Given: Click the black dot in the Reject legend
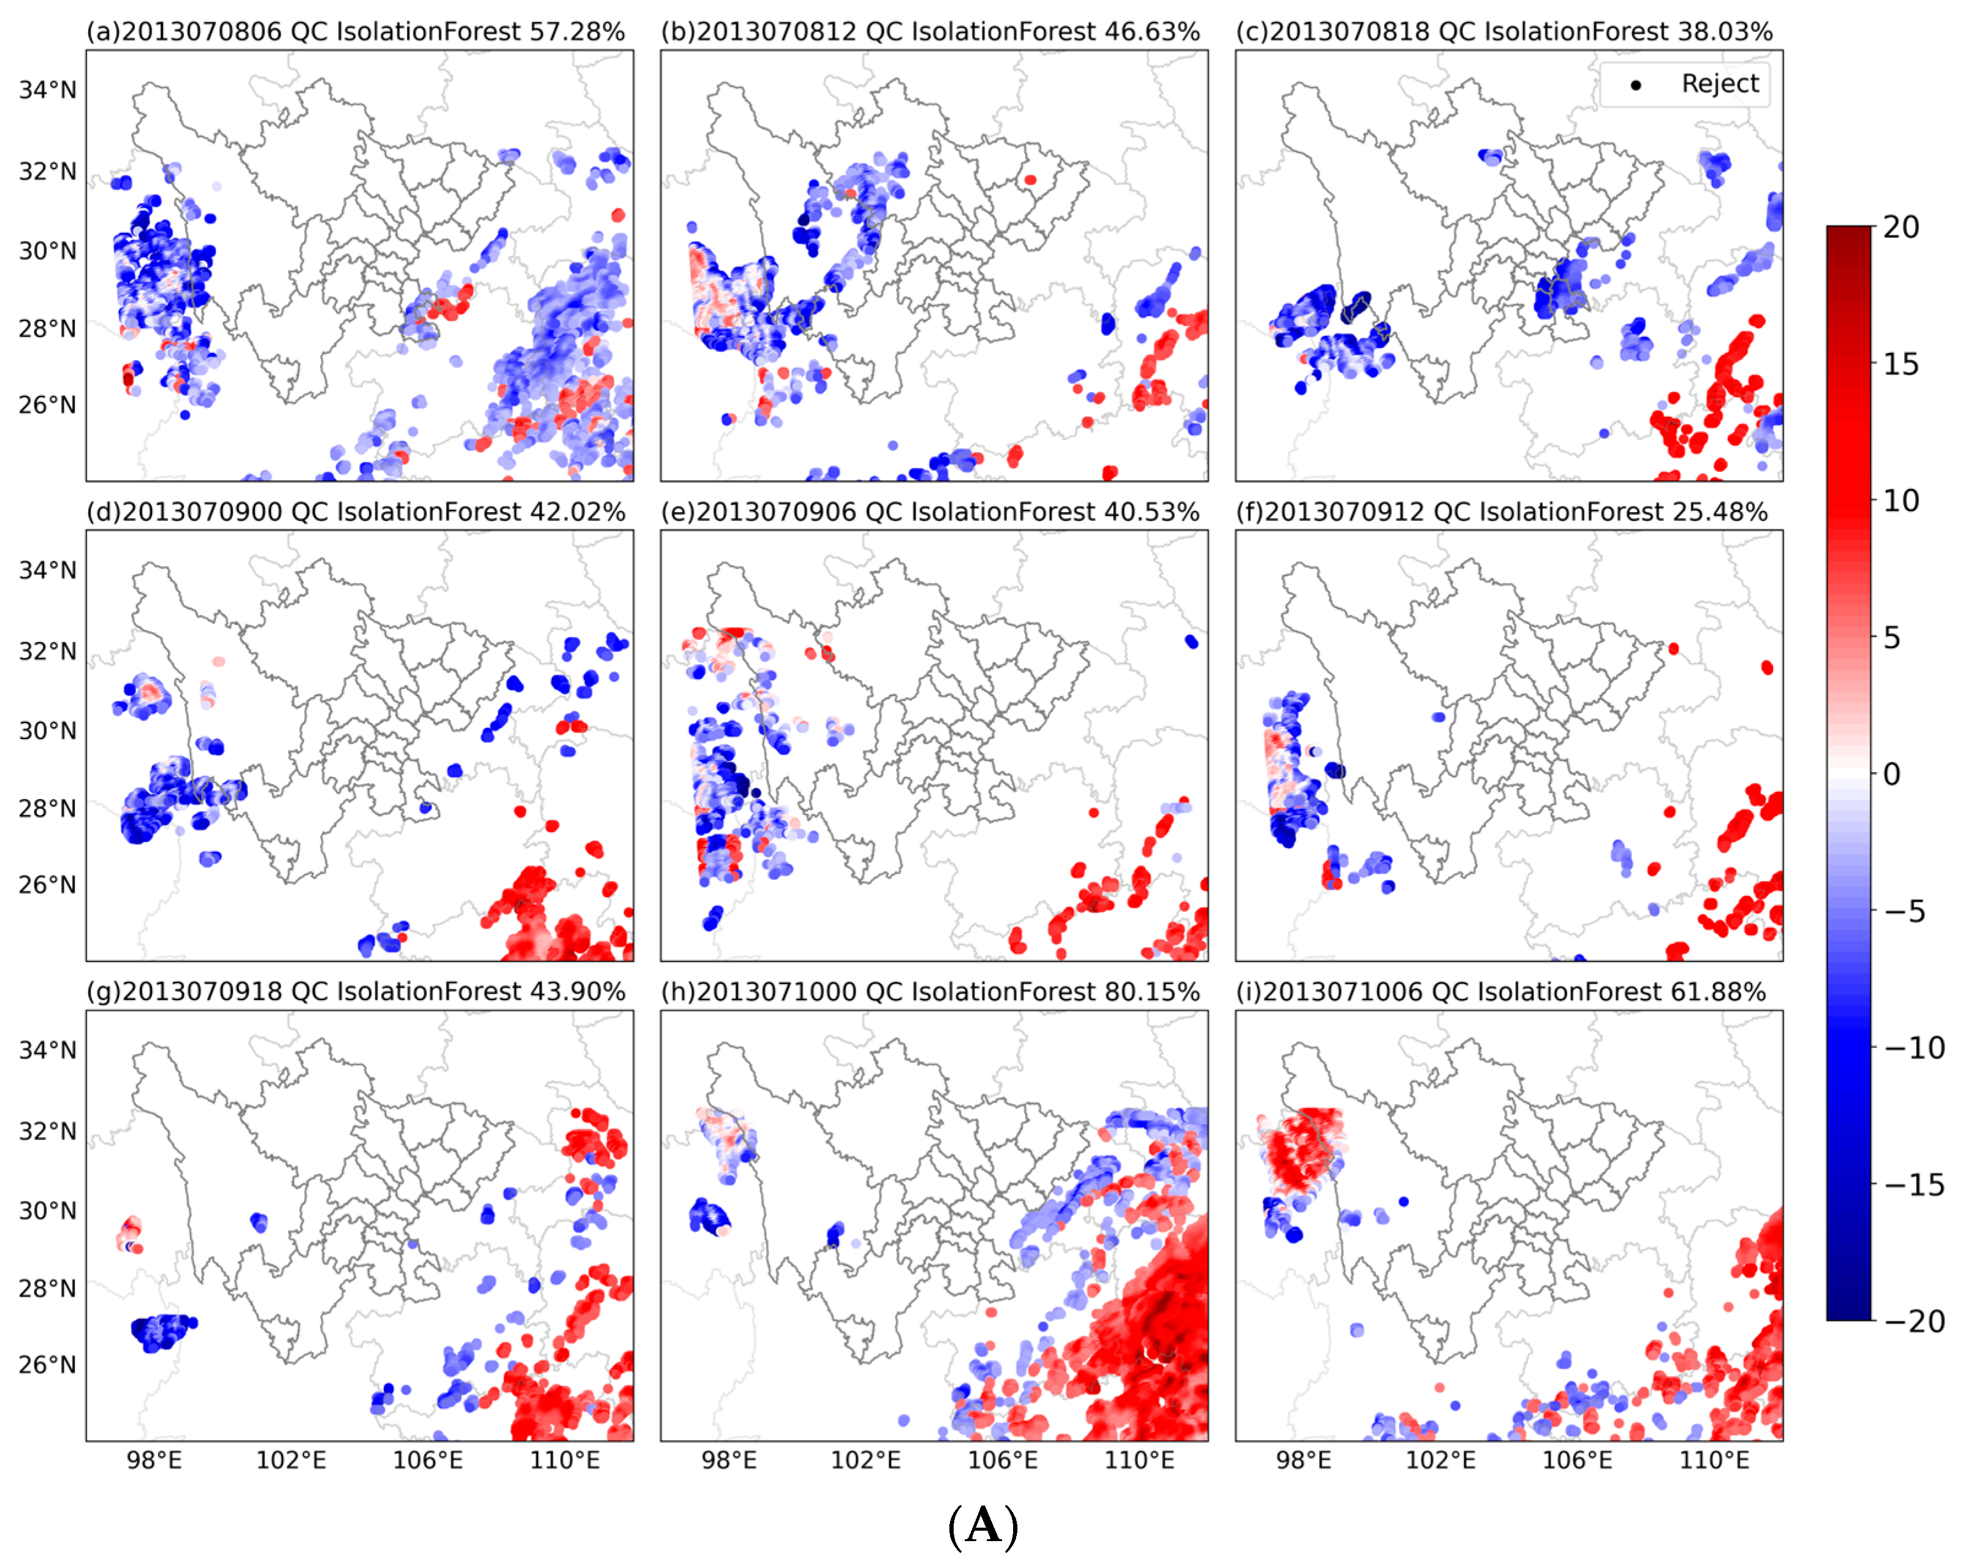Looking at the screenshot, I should point(1636,85).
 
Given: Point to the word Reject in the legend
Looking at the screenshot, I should point(1720,84).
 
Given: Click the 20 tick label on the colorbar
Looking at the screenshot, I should point(1901,227).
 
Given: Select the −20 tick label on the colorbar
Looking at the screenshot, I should point(1914,1321).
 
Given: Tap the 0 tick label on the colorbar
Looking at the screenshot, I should point(1892,774).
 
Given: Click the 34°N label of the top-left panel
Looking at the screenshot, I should point(47,89).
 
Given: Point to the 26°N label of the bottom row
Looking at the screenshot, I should point(47,1364).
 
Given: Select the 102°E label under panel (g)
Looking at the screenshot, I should point(291,1460).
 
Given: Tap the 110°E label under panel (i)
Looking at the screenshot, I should point(1714,1460).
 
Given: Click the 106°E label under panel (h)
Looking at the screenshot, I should point(1002,1460).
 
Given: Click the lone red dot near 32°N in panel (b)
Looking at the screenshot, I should point(1030,180).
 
